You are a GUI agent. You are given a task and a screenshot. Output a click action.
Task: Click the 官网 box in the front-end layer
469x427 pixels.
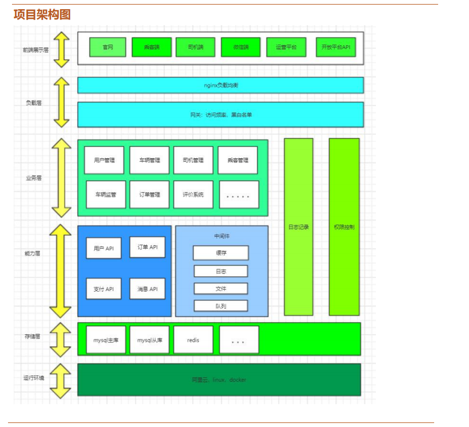(107, 47)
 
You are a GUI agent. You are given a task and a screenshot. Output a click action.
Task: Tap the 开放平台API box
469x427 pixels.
(336, 47)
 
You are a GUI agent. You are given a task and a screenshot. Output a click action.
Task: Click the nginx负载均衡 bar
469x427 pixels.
(221, 85)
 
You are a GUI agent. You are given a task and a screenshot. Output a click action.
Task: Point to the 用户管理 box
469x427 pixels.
(105, 160)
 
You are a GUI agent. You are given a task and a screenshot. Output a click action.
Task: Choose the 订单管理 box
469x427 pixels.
(149, 194)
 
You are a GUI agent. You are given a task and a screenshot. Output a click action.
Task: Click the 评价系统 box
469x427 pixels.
(193, 194)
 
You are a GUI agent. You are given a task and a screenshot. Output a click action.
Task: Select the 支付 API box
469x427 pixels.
(103, 289)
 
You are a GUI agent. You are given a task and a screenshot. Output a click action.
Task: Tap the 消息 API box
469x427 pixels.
(147, 289)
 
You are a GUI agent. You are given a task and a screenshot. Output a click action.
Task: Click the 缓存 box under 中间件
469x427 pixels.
(221, 253)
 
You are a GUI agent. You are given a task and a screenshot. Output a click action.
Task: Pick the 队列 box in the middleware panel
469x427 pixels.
(221, 306)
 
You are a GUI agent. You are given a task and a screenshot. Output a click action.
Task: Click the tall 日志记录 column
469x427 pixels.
(299, 226)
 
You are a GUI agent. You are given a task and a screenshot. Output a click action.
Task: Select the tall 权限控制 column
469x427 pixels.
(344, 226)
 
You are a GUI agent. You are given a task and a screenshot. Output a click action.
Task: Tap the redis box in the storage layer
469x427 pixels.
(193, 340)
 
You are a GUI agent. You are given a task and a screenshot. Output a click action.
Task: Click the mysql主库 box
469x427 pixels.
(106, 340)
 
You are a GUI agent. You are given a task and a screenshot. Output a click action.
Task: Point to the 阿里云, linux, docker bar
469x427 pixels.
(219, 380)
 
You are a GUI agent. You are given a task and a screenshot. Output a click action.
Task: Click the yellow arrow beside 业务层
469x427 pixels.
(61, 177)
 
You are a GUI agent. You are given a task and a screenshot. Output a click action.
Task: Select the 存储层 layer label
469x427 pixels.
(33, 337)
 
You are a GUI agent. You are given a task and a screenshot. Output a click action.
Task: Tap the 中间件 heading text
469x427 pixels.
(222, 236)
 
